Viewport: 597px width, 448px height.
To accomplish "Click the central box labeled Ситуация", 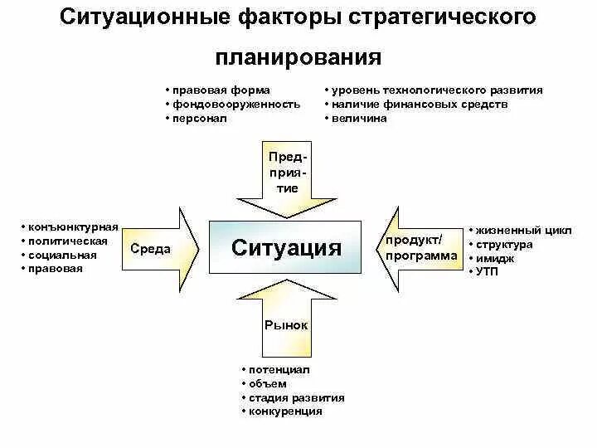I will tap(286, 247).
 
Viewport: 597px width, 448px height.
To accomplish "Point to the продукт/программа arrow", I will tap(420, 248).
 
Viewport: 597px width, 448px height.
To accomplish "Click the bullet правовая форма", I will tap(220, 90).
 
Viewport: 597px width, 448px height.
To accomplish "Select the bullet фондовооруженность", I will tap(235, 105).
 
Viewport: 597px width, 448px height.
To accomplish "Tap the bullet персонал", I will tap(199, 119).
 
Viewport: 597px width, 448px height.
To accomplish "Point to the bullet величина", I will tap(359, 119).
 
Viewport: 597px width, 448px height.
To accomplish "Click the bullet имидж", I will tap(494, 257).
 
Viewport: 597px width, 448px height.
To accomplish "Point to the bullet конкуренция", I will tap(285, 411).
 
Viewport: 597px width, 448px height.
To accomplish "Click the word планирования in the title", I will tap(298, 59).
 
